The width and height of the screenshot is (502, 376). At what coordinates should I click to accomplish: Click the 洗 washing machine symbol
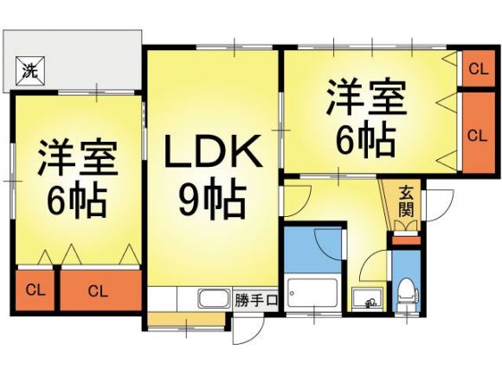pyautogui.click(x=30, y=71)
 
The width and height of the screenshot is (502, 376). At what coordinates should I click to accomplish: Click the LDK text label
pyautogui.click(x=213, y=151)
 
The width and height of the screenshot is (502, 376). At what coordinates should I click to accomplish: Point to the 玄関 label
pyautogui.click(x=406, y=201)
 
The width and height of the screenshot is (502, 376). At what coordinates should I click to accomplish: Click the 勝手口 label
pyautogui.click(x=255, y=301)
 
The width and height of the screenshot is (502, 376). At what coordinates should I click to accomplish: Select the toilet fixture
pyautogui.click(x=407, y=296)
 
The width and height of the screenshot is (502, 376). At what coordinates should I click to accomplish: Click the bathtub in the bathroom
pyautogui.click(x=312, y=292)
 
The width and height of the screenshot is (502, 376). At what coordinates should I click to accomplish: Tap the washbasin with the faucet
pyautogui.click(x=367, y=298)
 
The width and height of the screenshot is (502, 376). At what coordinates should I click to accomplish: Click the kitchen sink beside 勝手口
pyautogui.click(x=215, y=298)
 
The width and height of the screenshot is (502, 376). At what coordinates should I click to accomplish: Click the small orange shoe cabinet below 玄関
pyautogui.click(x=406, y=240)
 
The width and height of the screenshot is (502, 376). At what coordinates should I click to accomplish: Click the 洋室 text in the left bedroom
pyautogui.click(x=78, y=157)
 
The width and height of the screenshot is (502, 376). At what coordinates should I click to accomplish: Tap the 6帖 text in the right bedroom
pyautogui.click(x=365, y=141)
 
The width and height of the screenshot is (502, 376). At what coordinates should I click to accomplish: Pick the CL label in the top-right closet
pyautogui.click(x=478, y=69)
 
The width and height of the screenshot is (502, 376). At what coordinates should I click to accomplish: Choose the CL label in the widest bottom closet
pyautogui.click(x=98, y=291)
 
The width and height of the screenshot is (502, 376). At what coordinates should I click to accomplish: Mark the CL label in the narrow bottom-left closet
pyautogui.click(x=35, y=290)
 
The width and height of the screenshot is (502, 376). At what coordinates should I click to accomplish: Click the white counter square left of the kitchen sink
pyautogui.click(x=163, y=298)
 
